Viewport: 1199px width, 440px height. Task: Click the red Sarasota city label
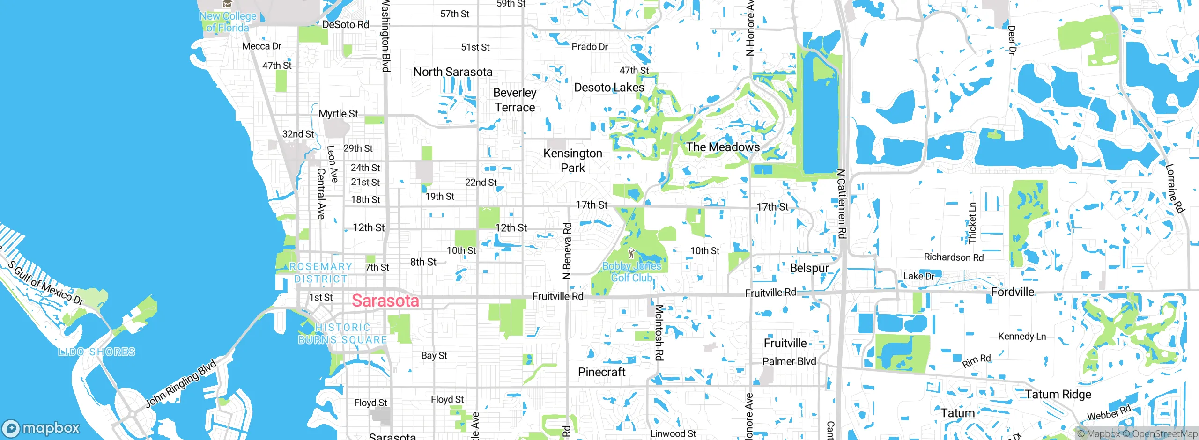[x=385, y=301]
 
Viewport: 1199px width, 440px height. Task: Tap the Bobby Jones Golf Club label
[x=631, y=272]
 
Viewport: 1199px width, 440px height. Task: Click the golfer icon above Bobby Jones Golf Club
[x=631, y=254]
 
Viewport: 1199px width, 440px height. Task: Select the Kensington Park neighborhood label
[x=572, y=160]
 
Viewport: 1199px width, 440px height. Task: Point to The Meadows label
[x=723, y=147]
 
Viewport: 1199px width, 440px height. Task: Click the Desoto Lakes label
[x=609, y=88]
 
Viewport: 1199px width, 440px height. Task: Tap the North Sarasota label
[x=452, y=72]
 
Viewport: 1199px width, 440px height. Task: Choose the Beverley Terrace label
[x=514, y=100]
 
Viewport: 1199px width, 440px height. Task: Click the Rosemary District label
[x=321, y=272]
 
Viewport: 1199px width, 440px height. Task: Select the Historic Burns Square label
[x=343, y=334]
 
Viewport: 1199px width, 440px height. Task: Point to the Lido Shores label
[x=97, y=352]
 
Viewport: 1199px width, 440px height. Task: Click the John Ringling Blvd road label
[x=181, y=383]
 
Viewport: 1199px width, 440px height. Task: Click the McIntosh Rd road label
[x=659, y=332]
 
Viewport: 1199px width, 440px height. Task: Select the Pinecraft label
[x=601, y=372]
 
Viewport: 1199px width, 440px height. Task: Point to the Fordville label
[x=1012, y=292]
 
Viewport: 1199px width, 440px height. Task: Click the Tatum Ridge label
[x=1058, y=394]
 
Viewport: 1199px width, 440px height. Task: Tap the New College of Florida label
[x=228, y=22]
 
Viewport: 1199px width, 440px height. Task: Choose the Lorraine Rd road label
[x=1175, y=188]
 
